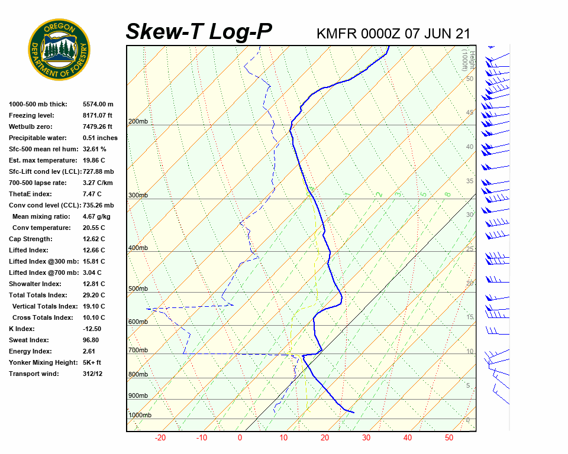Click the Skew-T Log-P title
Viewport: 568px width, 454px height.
(199, 31)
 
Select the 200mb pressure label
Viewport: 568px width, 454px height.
(138, 122)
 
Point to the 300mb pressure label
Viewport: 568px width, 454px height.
(138, 195)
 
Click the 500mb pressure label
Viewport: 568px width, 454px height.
(138, 288)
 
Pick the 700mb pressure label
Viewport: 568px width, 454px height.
(138, 351)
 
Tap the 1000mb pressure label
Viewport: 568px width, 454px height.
(140, 415)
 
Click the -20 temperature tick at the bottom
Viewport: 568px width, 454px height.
(160, 438)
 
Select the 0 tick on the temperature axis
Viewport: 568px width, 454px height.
(240, 438)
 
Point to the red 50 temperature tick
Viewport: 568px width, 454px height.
(449, 438)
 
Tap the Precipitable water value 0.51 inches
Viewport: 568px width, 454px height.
(100, 138)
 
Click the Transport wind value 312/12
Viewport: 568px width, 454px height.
(92, 374)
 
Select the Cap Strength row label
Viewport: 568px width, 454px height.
(30, 239)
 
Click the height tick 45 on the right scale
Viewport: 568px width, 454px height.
(470, 113)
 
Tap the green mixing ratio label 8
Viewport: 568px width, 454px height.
(448, 194)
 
